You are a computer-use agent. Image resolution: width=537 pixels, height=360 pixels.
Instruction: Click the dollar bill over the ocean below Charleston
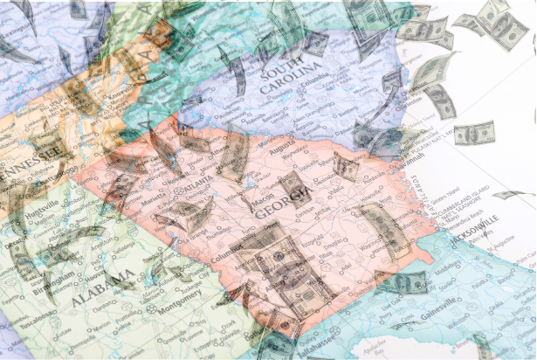(x=474, y=133)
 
